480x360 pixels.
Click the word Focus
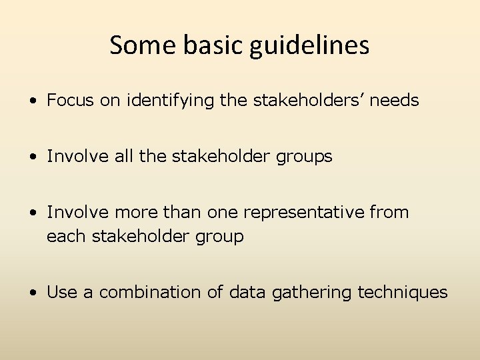pyautogui.click(x=71, y=101)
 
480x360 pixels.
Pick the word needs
pyautogui.click(x=394, y=101)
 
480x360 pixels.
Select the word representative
pyautogui.click(x=303, y=213)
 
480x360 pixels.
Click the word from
pyautogui.click(x=389, y=213)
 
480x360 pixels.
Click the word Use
pyautogui.click(x=62, y=293)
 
